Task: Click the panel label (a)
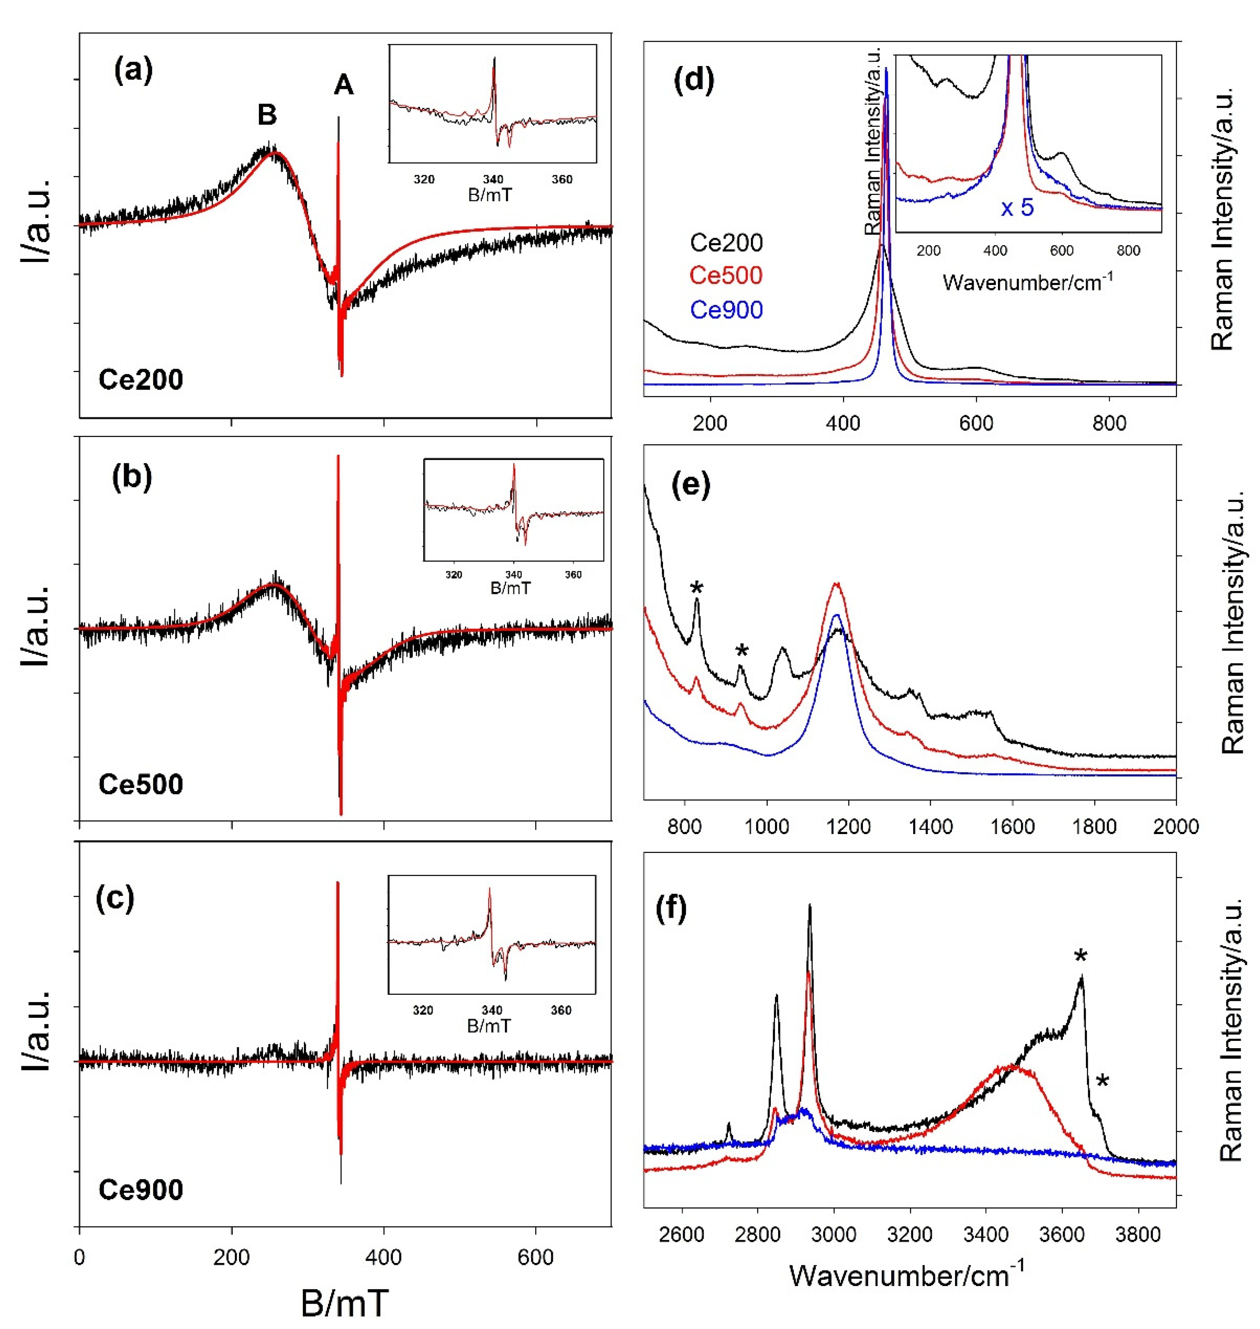(x=134, y=70)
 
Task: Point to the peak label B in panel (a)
(x=267, y=115)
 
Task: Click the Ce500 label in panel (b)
(x=140, y=784)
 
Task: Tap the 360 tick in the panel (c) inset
(x=561, y=1010)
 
